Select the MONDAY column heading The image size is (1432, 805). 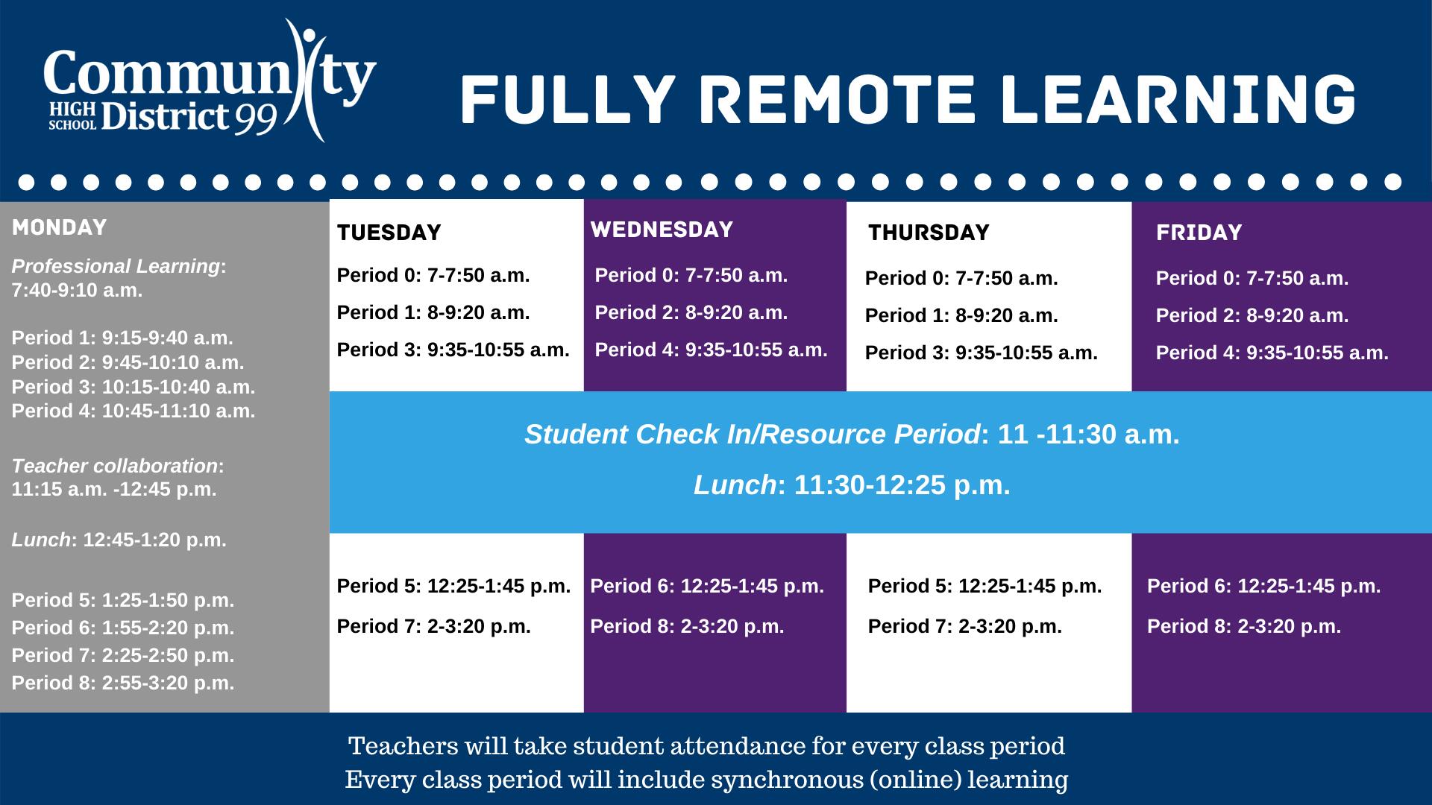(x=60, y=227)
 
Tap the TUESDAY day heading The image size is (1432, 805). (x=389, y=233)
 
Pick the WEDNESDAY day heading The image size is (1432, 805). (x=662, y=230)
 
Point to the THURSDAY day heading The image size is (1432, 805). (x=929, y=233)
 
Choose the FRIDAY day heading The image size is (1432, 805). (x=1199, y=233)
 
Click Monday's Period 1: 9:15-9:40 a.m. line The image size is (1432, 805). (x=122, y=338)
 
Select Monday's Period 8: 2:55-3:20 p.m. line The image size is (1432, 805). (x=123, y=683)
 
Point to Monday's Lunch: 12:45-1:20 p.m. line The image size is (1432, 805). (x=119, y=540)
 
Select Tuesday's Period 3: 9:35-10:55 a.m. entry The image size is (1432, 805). (x=453, y=350)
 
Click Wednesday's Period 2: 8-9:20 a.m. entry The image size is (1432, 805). (x=691, y=312)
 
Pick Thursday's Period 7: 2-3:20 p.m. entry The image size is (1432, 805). (x=965, y=626)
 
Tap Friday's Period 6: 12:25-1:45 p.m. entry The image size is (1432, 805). (x=1264, y=586)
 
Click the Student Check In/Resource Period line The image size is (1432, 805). (x=852, y=434)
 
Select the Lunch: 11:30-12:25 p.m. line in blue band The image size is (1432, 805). (x=852, y=485)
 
